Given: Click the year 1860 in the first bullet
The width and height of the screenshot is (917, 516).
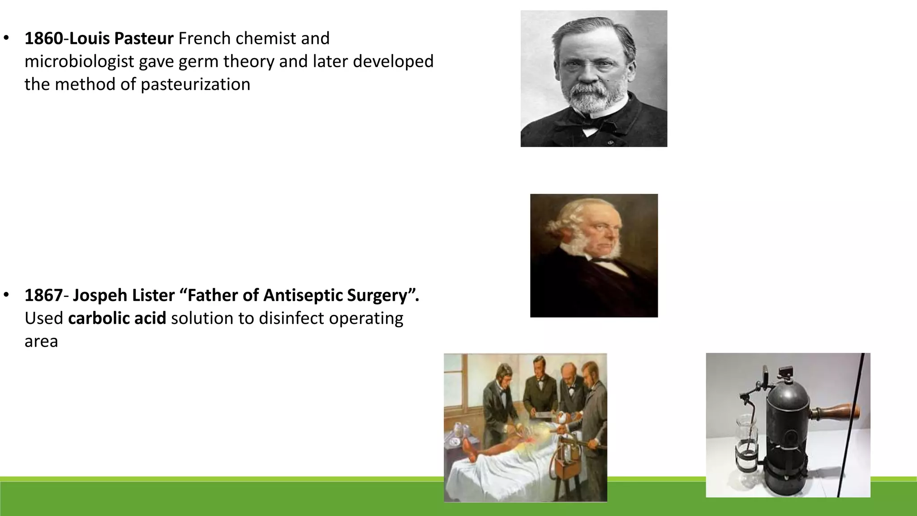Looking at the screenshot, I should tap(43, 39).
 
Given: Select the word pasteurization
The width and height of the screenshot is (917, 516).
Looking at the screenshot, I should tap(195, 85).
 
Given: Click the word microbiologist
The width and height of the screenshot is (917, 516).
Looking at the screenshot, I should tap(79, 62).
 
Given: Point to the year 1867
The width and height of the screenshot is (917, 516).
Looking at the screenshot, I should tap(43, 296).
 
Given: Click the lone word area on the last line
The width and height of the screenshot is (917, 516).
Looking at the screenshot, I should tap(41, 342).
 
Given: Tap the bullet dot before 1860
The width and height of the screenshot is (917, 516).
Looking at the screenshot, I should tap(6, 38).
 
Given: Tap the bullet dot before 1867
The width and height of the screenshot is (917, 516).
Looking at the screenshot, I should tap(6, 295).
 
